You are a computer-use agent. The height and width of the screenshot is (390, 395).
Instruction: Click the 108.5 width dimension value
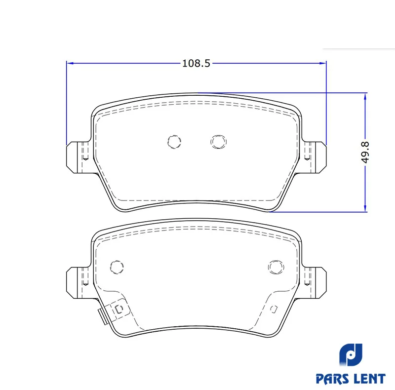point(196,63)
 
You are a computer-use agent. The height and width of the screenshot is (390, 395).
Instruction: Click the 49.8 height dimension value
point(365,152)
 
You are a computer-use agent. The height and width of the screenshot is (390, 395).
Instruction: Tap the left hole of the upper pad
point(174,141)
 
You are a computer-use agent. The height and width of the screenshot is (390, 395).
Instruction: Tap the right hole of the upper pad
point(218,141)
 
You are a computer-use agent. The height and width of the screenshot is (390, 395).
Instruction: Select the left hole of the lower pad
point(117,267)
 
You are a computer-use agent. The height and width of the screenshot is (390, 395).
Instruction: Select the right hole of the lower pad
point(276,267)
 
